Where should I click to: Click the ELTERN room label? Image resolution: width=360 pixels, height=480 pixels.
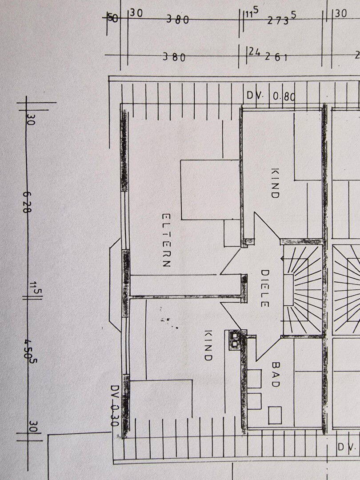tap(166, 240)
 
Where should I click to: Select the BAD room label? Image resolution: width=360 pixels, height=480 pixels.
tap(276, 374)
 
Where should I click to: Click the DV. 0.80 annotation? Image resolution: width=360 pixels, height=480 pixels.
tap(271, 96)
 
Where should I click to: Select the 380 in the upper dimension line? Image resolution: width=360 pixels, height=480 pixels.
tap(177, 20)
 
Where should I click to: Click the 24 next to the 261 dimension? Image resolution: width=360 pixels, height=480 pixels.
tap(254, 52)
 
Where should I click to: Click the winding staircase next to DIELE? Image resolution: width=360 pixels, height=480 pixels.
tap(302, 289)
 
